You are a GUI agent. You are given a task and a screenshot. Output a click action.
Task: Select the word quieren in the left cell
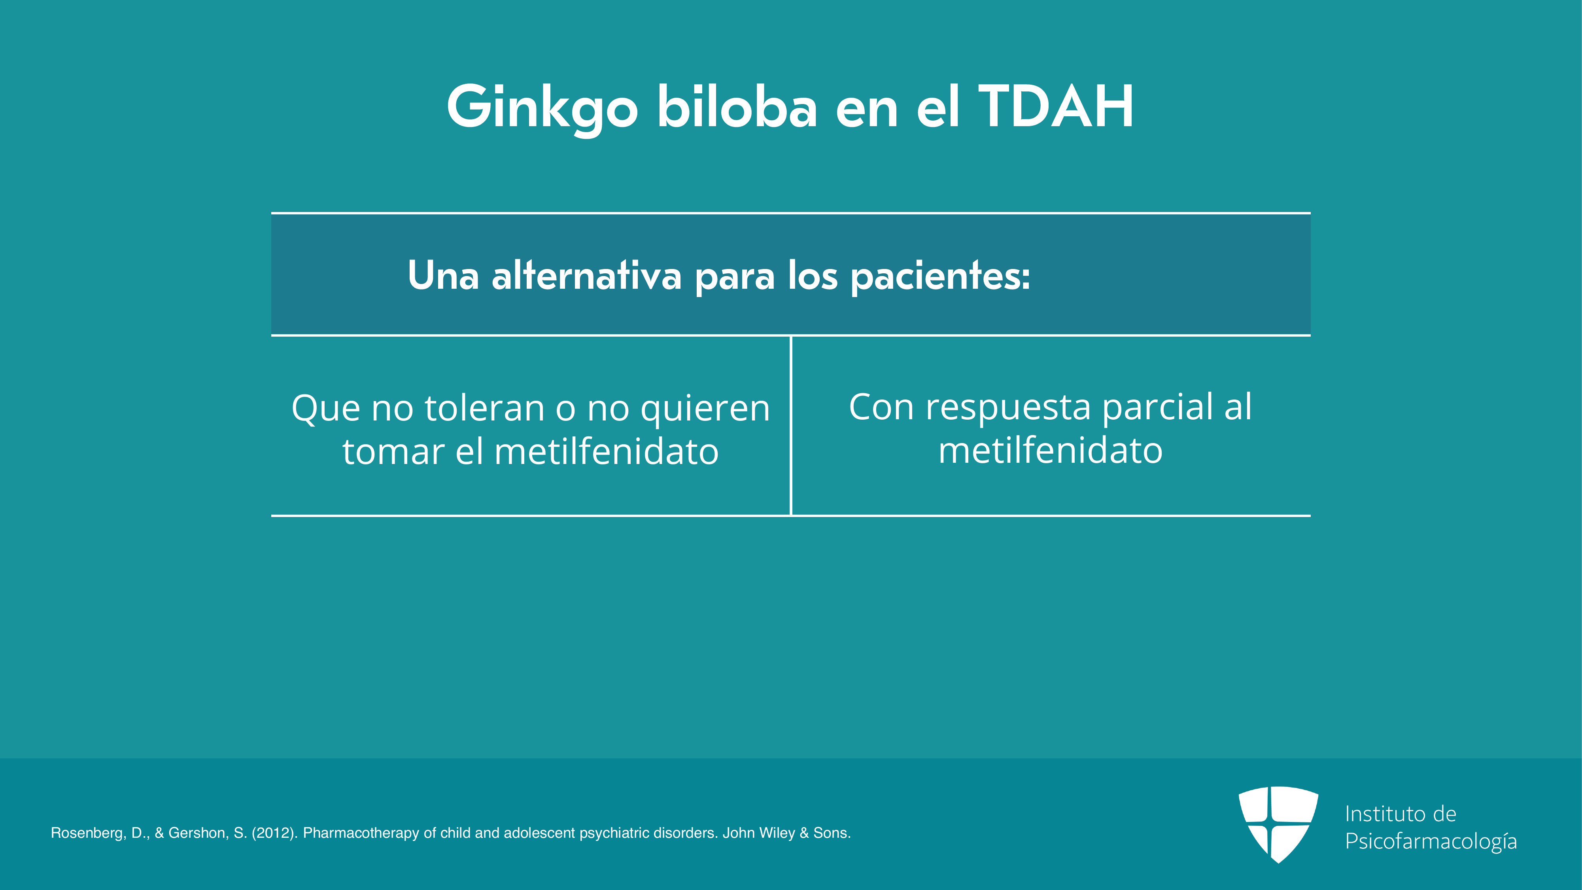pos(705,410)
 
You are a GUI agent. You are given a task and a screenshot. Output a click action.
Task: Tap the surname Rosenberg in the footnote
pos(89,833)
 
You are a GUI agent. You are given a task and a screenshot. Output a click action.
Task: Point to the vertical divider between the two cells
pos(791,425)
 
